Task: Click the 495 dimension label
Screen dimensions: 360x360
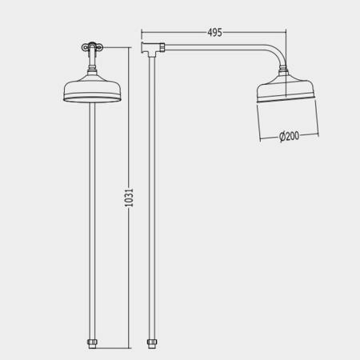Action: click(214, 32)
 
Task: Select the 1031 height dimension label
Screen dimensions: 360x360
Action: click(129, 198)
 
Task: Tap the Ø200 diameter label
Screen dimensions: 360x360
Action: click(289, 136)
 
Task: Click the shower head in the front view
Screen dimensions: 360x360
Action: click(91, 90)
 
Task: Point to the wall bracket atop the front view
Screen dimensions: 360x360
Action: click(92, 47)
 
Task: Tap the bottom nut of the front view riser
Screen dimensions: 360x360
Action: click(92, 343)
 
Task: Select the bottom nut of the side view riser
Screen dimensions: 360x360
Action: click(152, 343)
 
